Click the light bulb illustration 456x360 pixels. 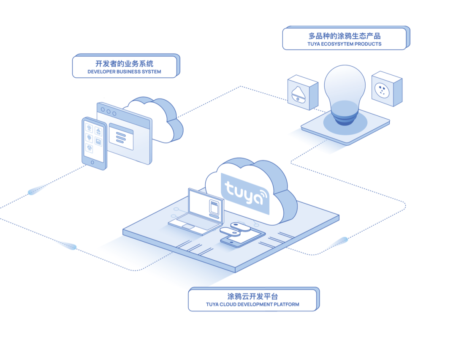(345, 95)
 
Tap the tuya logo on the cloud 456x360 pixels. (246, 193)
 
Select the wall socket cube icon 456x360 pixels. (387, 89)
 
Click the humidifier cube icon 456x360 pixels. (303, 93)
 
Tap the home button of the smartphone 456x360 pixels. (92, 162)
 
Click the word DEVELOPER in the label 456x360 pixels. (101, 71)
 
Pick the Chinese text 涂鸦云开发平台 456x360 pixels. (252, 296)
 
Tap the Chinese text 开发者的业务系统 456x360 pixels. (124, 63)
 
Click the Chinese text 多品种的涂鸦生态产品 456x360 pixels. (345, 36)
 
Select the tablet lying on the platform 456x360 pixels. (243, 237)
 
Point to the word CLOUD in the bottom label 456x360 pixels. (228, 304)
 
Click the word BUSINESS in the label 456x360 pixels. (128, 71)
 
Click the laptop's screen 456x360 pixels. (206, 205)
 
